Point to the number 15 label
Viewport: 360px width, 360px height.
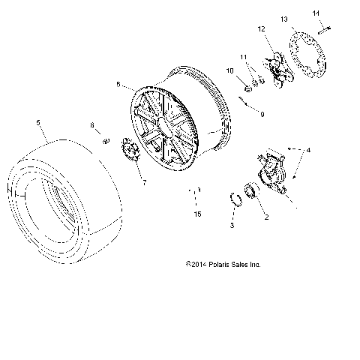click(x=197, y=214)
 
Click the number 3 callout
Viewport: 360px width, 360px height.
click(x=232, y=225)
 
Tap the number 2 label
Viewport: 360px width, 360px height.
click(x=264, y=218)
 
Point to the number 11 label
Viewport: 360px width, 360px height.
click(x=244, y=57)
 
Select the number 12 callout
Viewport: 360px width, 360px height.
click(x=262, y=29)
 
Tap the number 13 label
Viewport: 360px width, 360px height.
click(x=284, y=18)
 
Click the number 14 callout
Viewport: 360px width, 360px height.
click(x=316, y=13)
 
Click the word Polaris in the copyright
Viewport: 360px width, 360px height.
click(x=221, y=265)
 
